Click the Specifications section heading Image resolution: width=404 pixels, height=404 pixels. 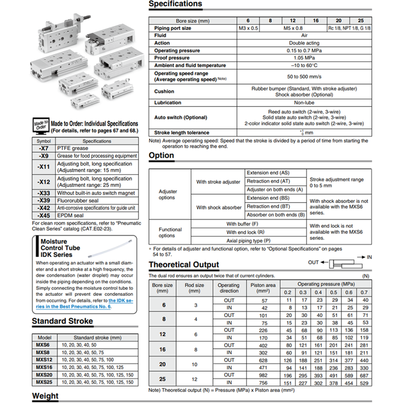(175, 5)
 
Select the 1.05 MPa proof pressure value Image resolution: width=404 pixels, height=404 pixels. (304, 58)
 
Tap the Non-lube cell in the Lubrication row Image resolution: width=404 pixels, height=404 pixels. (304, 103)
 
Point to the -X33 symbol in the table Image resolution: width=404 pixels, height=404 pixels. (44, 193)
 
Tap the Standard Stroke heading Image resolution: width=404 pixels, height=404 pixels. (62, 321)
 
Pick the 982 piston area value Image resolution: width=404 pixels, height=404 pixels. (262, 375)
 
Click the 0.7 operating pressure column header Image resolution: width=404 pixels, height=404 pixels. (364, 292)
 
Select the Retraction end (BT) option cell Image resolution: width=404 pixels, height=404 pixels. (268, 207)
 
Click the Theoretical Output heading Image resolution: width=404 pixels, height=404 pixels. (184, 265)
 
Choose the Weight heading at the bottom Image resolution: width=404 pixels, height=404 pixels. (45, 396)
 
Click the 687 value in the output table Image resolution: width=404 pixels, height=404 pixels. (364, 375)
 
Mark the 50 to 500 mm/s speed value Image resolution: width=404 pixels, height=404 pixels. (304, 76)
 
